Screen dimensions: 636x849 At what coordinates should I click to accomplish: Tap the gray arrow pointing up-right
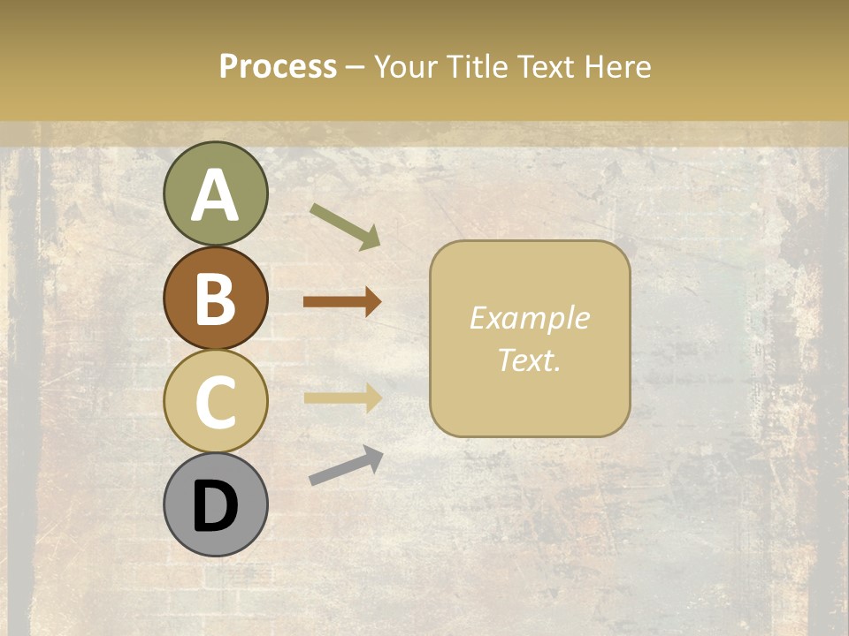click(346, 466)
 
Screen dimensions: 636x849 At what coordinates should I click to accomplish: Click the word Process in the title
click(278, 66)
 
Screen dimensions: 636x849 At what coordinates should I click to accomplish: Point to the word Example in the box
click(529, 318)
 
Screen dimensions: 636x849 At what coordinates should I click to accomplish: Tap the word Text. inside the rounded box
click(529, 360)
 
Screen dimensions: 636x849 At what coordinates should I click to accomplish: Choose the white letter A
click(215, 196)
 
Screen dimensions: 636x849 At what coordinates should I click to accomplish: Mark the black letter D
click(215, 507)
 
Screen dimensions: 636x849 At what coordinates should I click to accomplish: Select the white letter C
click(215, 402)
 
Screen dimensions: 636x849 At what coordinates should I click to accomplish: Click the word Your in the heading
click(406, 66)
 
